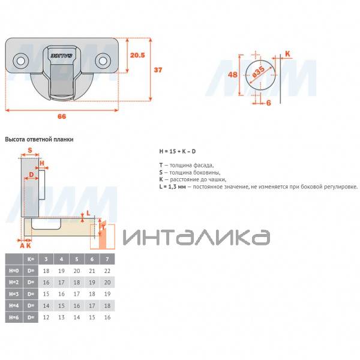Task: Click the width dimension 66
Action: (62, 116)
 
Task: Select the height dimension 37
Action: (158, 70)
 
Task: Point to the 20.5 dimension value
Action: (138, 55)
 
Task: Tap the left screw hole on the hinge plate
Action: (20, 61)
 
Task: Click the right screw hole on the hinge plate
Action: (103, 61)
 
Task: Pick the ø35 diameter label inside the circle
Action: (258, 74)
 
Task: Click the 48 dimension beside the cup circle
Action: (234, 75)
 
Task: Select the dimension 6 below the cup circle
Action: (269, 103)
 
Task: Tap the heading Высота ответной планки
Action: (39, 139)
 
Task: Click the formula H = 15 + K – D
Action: (178, 151)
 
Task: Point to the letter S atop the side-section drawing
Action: (29, 151)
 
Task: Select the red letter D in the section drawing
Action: (31, 175)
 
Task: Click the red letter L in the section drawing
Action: (88, 213)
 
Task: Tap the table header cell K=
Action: (31, 259)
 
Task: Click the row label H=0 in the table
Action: (14, 271)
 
